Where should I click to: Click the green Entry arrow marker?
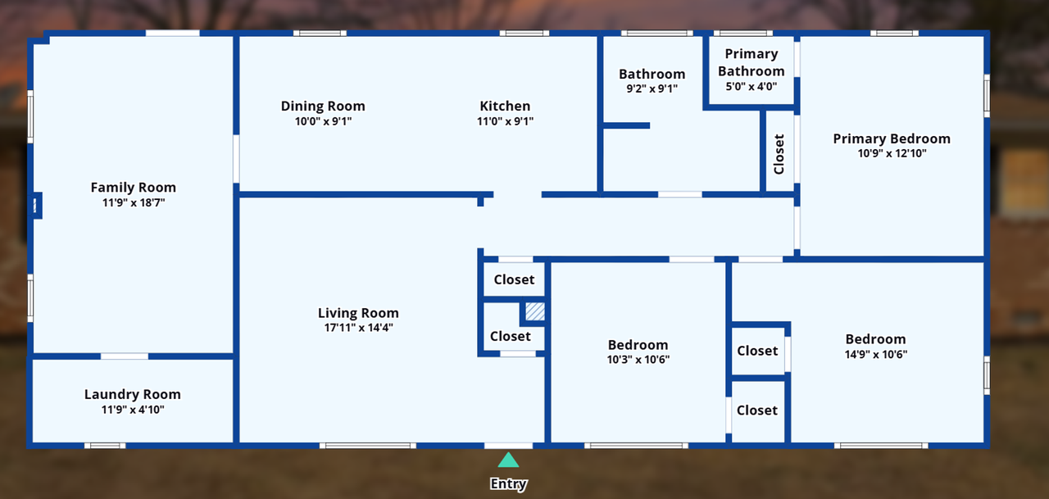(508, 460)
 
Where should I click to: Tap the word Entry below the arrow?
(508, 484)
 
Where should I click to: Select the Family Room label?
(133, 188)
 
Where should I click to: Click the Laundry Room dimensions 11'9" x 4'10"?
(133, 409)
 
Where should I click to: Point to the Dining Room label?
(323, 106)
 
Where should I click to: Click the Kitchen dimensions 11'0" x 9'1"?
(505, 121)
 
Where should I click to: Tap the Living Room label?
(358, 313)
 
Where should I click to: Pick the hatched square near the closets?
(534, 311)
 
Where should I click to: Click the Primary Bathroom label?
(752, 62)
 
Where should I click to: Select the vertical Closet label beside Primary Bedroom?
(779, 154)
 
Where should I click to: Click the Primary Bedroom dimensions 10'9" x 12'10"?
(892, 153)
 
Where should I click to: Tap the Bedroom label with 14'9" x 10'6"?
(875, 339)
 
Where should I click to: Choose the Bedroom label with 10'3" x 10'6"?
(638, 345)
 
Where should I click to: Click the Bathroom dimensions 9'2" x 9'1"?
(652, 88)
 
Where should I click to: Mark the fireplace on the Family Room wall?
(36, 205)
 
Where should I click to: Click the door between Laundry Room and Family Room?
(125, 356)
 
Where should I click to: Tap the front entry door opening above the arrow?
(508, 446)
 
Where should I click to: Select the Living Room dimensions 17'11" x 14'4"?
(358, 328)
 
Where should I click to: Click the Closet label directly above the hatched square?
(514, 279)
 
